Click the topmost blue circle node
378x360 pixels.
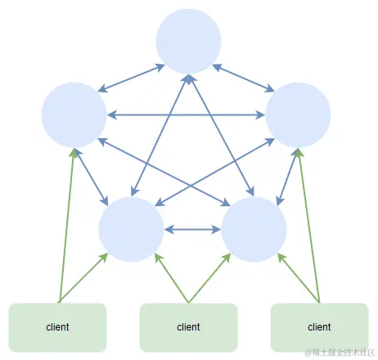click(x=188, y=41)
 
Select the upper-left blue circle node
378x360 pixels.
click(x=74, y=115)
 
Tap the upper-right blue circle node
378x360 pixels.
click(x=299, y=115)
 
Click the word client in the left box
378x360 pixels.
click(x=57, y=327)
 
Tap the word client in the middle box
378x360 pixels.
click(x=188, y=327)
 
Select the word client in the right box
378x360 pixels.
click(x=319, y=327)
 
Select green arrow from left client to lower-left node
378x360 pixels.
click(x=83, y=278)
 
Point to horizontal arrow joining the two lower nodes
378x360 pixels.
click(x=192, y=229)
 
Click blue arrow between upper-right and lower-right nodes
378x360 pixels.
click(x=286, y=175)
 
